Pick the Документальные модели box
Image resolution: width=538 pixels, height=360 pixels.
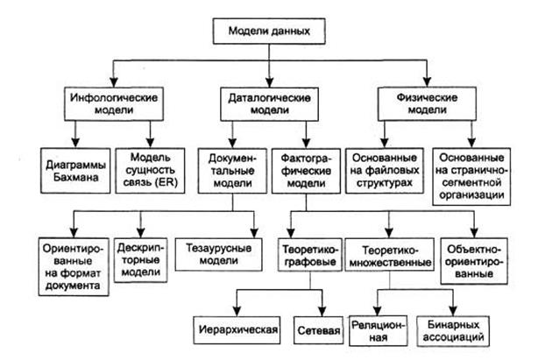point(230,169)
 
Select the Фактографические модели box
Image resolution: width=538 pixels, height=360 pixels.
point(304,169)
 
